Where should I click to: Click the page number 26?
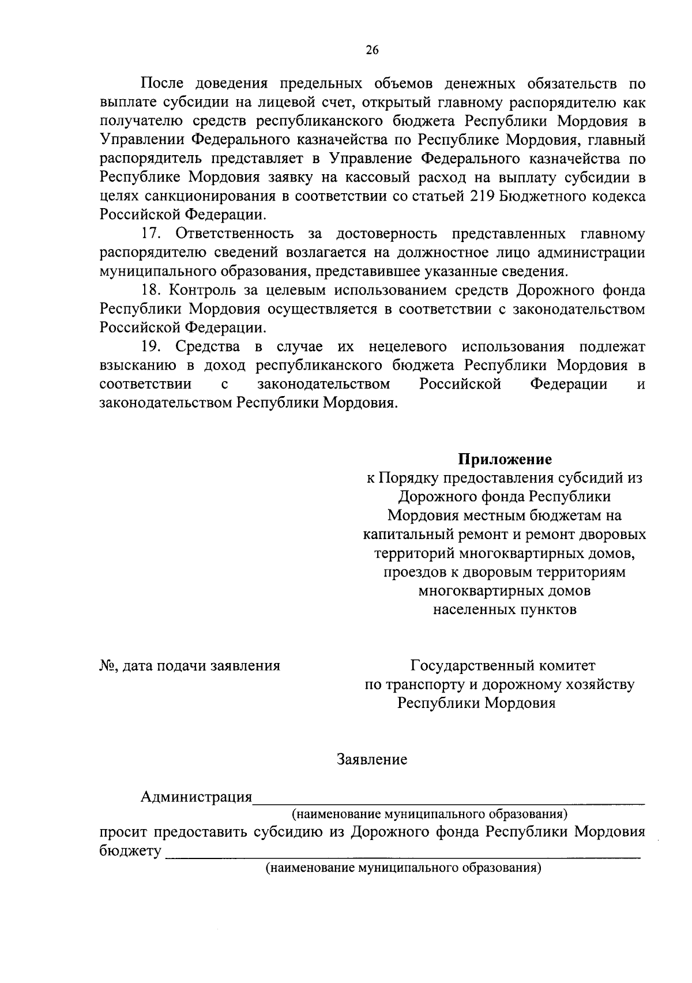pos(372,50)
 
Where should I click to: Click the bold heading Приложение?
pos(505,460)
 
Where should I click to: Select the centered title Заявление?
pos(372,759)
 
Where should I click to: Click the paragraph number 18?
pos(151,290)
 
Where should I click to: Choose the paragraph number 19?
pos(151,347)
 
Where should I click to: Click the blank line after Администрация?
pos(449,800)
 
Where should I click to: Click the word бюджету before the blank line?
pos(130,852)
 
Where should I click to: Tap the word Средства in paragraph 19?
pos(208,347)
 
